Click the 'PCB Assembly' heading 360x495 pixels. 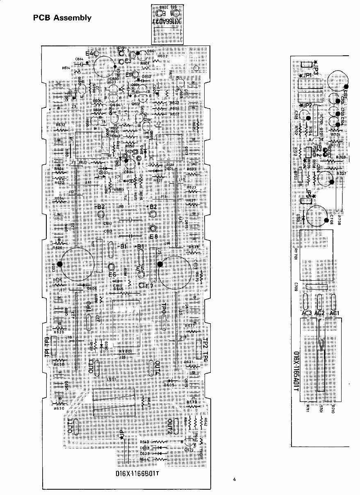tap(62, 18)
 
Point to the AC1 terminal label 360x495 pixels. tap(335, 313)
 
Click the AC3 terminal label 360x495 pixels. tap(307, 313)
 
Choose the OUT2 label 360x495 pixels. tap(169, 427)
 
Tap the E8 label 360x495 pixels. tap(154, 236)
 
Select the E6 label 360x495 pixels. tap(112, 274)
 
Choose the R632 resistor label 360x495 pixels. tap(60, 125)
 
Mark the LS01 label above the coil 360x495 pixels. tap(110, 379)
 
